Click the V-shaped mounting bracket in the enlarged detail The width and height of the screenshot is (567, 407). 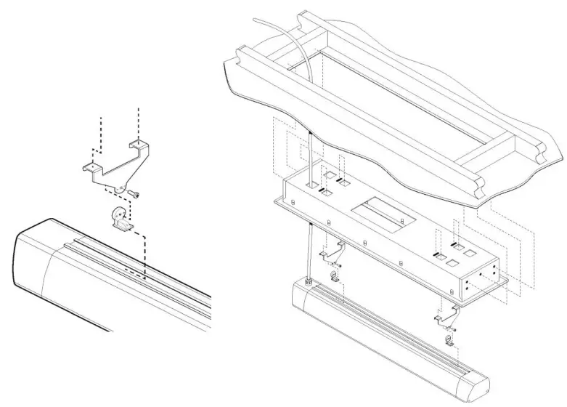(116, 169)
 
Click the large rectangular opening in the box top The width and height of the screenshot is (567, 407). (376, 215)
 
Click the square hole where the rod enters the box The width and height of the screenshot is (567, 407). (311, 187)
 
